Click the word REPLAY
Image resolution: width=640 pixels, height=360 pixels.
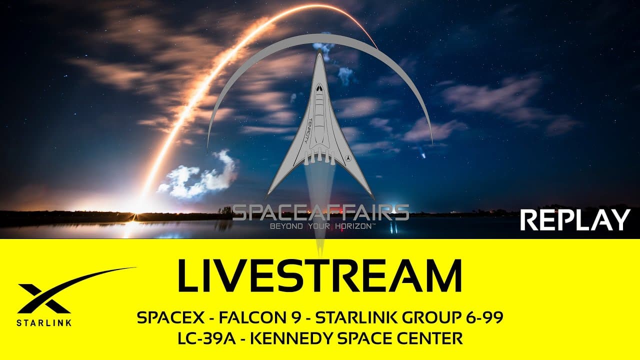(x=575, y=220)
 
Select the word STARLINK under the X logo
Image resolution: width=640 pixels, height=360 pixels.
(x=44, y=322)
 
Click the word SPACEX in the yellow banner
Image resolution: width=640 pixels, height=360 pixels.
(x=163, y=318)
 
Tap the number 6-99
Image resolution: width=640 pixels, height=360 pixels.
(x=483, y=318)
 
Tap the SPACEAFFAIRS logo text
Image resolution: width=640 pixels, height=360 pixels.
(x=320, y=212)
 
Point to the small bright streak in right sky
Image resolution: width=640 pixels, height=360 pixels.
(x=423, y=155)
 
